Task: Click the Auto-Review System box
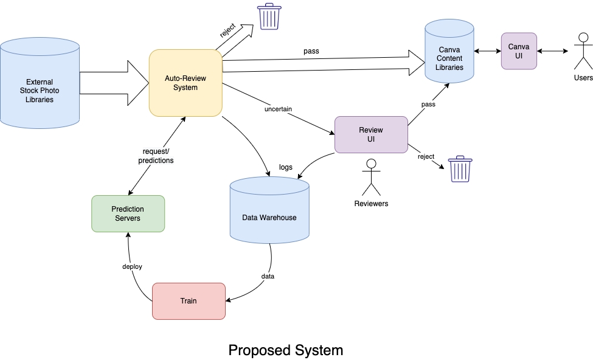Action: click(x=186, y=83)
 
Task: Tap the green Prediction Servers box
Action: click(x=128, y=213)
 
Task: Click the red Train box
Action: click(x=188, y=300)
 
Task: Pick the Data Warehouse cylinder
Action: click(x=269, y=213)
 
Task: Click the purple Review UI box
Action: click(x=371, y=134)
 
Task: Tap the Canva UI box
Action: click(x=519, y=51)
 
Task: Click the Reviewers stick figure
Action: click(x=370, y=178)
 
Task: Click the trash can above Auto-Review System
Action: click(x=268, y=16)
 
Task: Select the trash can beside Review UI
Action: click(x=460, y=169)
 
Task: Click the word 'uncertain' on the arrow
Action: click(x=278, y=109)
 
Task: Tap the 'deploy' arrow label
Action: click(x=132, y=267)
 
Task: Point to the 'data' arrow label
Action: click(x=268, y=276)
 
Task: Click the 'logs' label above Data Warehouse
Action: click(x=286, y=167)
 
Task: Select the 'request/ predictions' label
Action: click(x=158, y=156)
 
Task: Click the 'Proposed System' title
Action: click(x=285, y=350)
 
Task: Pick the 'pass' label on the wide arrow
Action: click(x=311, y=51)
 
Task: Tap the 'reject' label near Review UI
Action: click(x=426, y=156)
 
